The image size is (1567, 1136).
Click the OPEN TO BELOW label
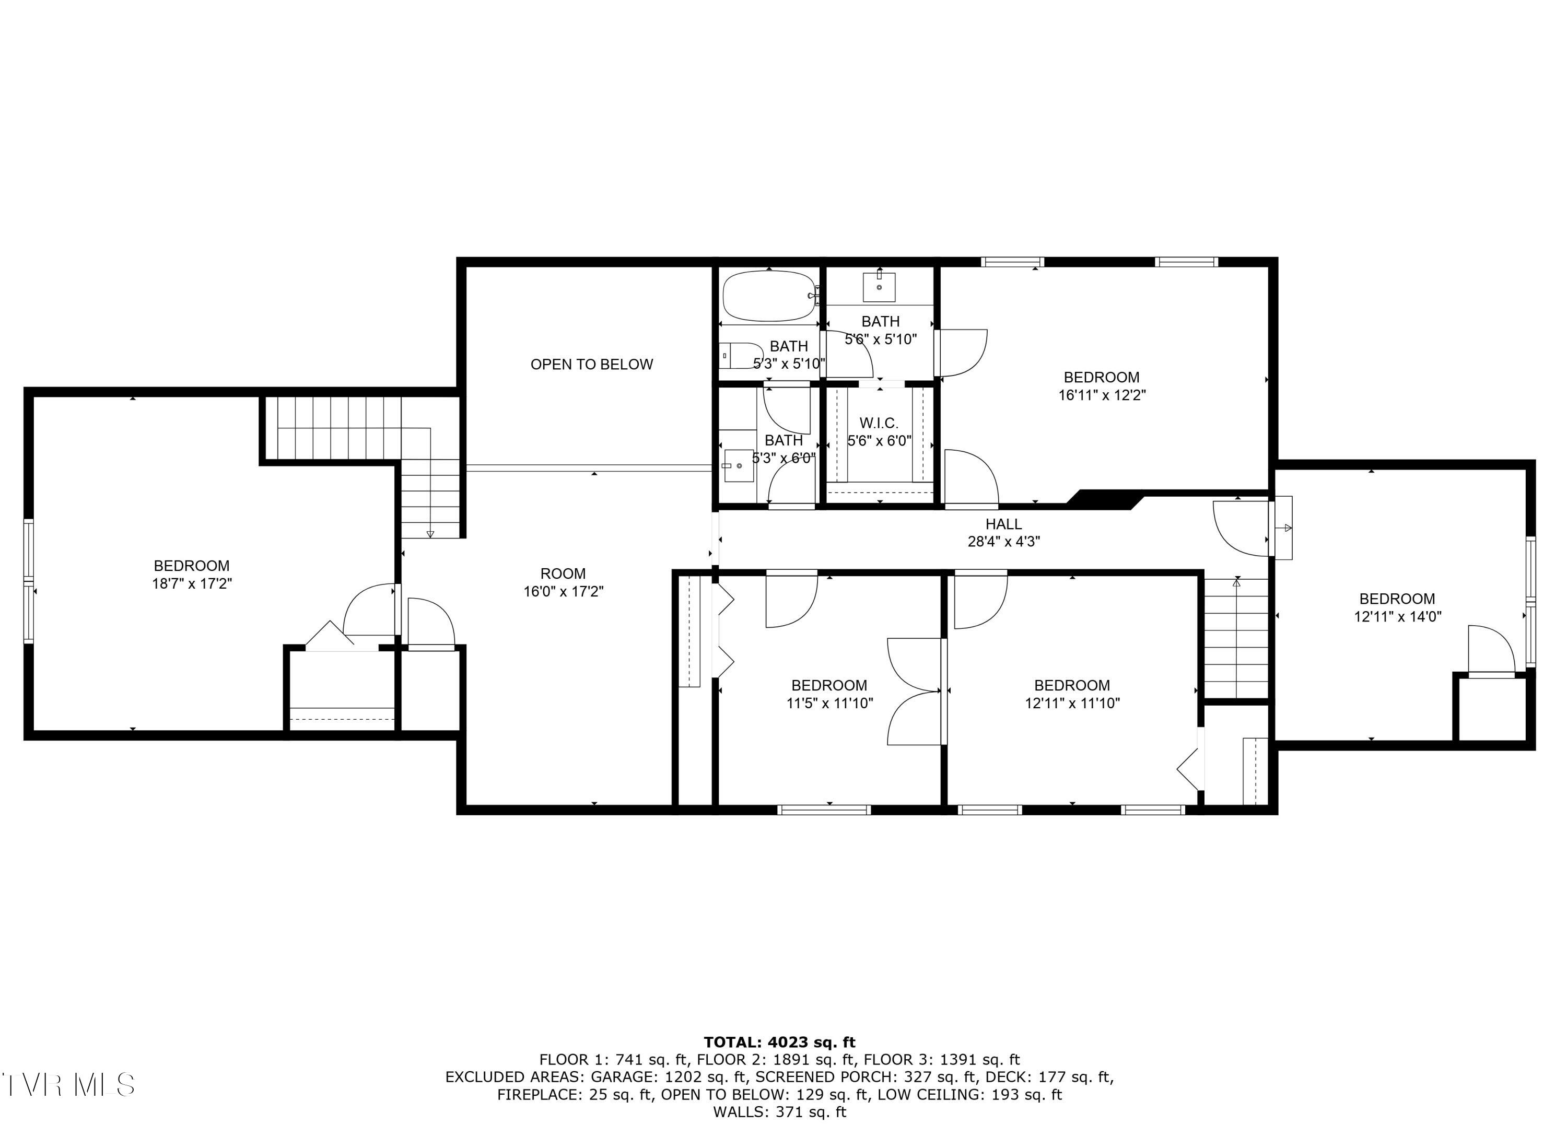coord(591,364)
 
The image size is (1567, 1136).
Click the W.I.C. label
coord(879,423)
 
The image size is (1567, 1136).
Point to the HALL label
coord(1003,524)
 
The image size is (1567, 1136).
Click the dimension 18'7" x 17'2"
coord(191,584)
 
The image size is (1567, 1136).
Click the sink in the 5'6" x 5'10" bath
coord(879,287)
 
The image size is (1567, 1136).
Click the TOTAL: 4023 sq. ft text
coord(779,1042)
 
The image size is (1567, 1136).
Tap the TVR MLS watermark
coord(68,1085)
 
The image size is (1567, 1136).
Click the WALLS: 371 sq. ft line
coord(779,1112)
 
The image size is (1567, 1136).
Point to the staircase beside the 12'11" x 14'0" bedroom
coord(1236,639)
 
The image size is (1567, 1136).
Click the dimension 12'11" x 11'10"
coord(1072,704)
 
